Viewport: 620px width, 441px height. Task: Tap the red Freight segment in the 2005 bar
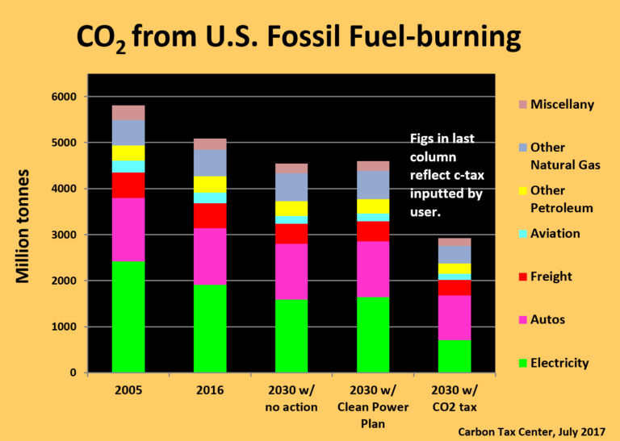click(128, 185)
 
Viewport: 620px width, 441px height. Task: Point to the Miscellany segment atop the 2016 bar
click(210, 144)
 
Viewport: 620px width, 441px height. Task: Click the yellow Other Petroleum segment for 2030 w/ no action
click(291, 208)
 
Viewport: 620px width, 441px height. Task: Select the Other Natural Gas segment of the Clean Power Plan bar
click(373, 185)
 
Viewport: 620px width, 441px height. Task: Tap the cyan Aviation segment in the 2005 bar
click(128, 166)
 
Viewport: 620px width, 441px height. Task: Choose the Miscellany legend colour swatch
click(522, 105)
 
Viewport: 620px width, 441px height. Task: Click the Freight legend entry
click(548, 277)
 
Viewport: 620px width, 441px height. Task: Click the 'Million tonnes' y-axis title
click(24, 226)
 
